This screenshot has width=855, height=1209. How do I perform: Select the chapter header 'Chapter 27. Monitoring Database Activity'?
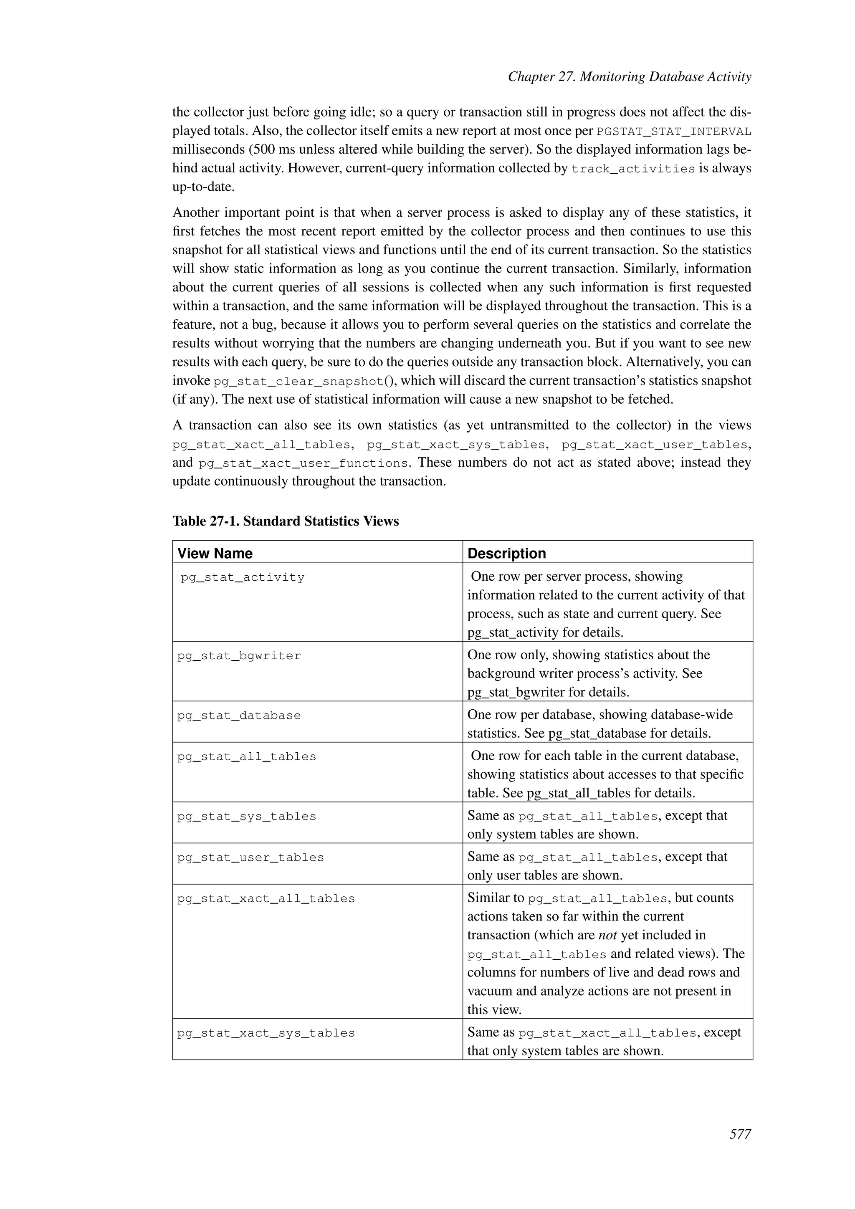(x=629, y=77)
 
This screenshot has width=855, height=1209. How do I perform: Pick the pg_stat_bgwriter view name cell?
(x=239, y=655)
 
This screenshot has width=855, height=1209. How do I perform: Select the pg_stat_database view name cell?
(x=239, y=716)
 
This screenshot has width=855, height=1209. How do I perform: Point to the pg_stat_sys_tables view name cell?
(x=246, y=816)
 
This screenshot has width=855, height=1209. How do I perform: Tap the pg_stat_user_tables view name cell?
(x=250, y=857)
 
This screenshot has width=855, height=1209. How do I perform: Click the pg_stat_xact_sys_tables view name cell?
(x=266, y=1033)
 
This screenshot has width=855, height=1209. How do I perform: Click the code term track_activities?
(x=633, y=169)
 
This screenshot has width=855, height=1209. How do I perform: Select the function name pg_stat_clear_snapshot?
(x=298, y=381)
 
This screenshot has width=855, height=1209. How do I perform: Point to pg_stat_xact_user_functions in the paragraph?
(x=303, y=463)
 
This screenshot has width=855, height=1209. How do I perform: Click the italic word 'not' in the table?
(x=607, y=935)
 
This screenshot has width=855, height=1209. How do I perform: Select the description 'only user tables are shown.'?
(x=545, y=875)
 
